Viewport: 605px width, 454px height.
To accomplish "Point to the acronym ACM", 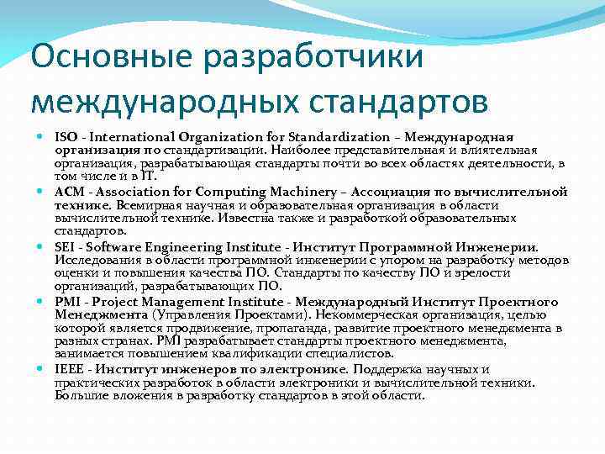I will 69,192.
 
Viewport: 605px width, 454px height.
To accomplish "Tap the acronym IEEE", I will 69,369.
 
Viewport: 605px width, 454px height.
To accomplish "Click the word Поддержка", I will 389,369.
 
